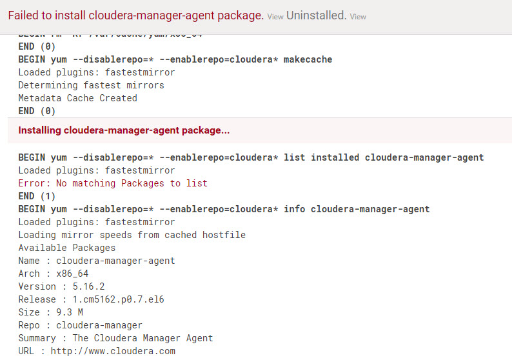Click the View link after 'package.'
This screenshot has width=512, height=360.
pos(275,17)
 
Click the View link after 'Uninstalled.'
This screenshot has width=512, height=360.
pos(358,17)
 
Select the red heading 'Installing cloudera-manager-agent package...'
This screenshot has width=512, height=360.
pos(124,130)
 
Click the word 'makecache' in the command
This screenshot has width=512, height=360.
pos(308,59)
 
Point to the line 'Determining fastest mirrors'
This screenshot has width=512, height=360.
pos(91,85)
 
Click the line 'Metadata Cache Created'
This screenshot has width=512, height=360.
pos(77,98)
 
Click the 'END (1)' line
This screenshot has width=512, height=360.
pos(37,196)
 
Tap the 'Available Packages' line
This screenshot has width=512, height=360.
pos(66,248)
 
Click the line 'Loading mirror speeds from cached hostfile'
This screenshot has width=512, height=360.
pos(132,235)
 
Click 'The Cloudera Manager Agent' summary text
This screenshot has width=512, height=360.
pos(143,338)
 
